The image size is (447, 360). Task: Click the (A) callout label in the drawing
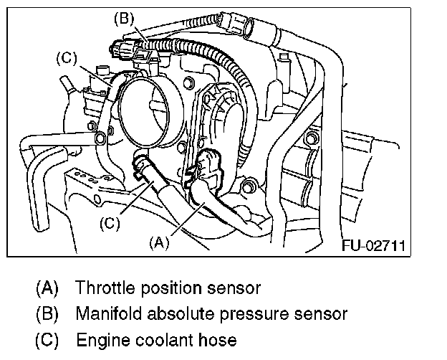[x=159, y=242]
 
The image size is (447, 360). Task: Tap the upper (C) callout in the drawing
[x=66, y=57]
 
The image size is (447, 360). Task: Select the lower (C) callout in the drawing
[x=108, y=222]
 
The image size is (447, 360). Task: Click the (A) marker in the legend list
[x=48, y=289]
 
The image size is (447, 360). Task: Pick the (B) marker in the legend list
[x=48, y=313]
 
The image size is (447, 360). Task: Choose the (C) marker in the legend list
[x=48, y=338]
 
